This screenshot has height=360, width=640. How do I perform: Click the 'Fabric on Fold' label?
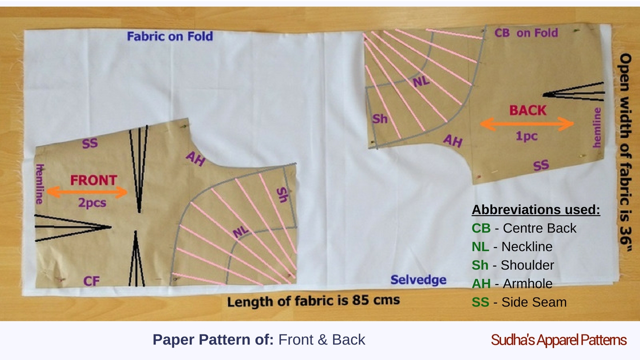pyautogui.click(x=169, y=36)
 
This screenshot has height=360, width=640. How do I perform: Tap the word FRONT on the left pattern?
pyautogui.click(x=93, y=180)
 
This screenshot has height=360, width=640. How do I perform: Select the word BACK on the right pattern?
pyautogui.click(x=527, y=110)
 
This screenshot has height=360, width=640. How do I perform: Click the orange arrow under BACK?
pyautogui.click(x=526, y=124)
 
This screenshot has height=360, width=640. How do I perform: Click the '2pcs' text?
pyautogui.click(x=90, y=203)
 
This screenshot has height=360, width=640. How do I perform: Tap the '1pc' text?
pyautogui.click(x=526, y=136)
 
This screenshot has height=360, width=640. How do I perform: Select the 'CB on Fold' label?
pyautogui.click(x=526, y=33)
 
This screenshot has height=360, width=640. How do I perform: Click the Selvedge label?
pyautogui.click(x=418, y=280)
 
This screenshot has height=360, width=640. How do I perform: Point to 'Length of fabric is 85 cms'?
pyautogui.click(x=313, y=301)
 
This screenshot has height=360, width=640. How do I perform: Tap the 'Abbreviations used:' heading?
pyautogui.click(x=536, y=210)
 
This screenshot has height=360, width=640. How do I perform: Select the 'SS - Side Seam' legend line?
pyautogui.click(x=519, y=302)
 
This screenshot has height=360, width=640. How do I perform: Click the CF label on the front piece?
pyautogui.click(x=91, y=281)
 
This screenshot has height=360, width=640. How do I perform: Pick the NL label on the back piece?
pyautogui.click(x=421, y=81)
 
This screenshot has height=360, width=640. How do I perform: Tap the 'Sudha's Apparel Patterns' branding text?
pyautogui.click(x=558, y=340)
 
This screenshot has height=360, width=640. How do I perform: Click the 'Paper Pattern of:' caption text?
pyautogui.click(x=213, y=340)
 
